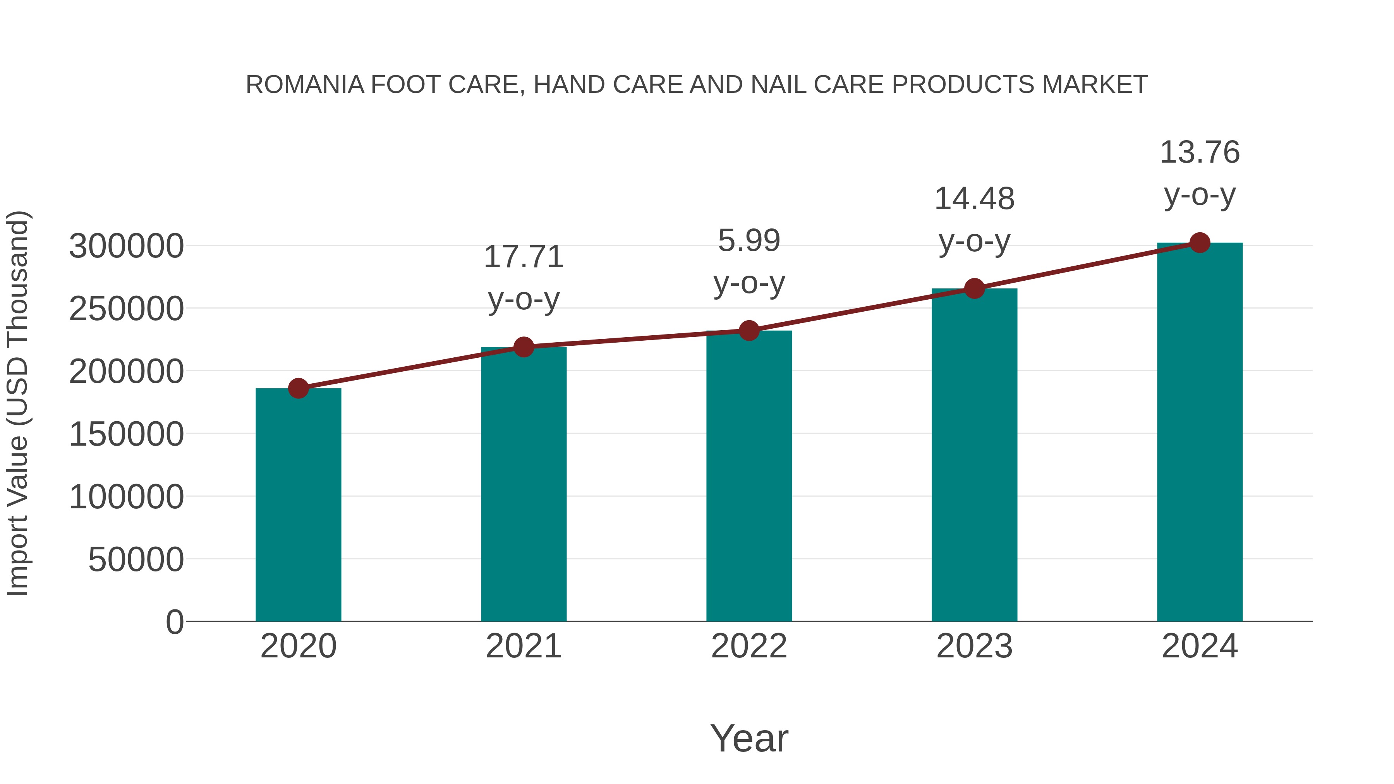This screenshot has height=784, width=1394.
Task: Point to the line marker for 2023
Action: [974, 288]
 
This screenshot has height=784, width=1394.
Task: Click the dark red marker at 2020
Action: [298, 388]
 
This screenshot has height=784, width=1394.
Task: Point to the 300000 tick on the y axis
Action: [126, 246]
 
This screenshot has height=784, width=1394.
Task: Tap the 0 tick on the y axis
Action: [174, 622]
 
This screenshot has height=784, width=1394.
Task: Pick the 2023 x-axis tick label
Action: [974, 646]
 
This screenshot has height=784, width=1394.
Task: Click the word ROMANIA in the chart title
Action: [305, 85]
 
